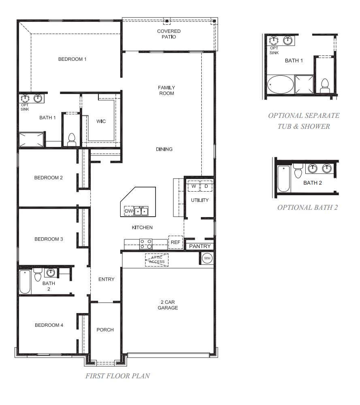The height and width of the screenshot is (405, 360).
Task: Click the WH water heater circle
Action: tap(207, 258)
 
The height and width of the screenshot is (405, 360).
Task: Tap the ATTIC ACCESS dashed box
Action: tap(157, 260)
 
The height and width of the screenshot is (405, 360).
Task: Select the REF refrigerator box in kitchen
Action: tap(175, 242)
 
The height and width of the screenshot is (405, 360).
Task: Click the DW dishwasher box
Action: tap(129, 211)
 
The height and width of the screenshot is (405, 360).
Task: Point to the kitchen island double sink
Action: tap(141, 211)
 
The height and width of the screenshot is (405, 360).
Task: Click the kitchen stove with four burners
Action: tap(146, 244)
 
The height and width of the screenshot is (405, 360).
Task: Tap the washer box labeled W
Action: tap(193, 186)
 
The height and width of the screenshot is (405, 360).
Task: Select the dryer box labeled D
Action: tap(206, 186)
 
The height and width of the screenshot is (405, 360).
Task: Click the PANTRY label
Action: tap(200, 246)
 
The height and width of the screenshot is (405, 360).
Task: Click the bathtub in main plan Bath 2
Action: tap(25, 282)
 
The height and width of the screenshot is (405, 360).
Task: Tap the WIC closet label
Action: tap(101, 121)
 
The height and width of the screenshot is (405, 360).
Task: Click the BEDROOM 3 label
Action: tap(49, 239)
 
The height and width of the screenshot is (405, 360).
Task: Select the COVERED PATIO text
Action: tap(169, 34)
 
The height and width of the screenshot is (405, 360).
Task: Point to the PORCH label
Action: tap(105, 330)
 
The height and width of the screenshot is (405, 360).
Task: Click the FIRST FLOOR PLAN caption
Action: tap(117, 376)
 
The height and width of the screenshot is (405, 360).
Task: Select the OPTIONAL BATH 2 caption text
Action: tap(307, 207)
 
